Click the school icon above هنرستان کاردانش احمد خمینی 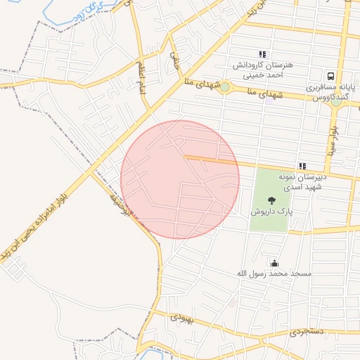pyautogui.click(x=262, y=54)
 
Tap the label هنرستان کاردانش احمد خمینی pyautogui.click(x=262, y=68)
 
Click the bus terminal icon pyautogui.click(x=330, y=76)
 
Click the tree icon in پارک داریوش pyautogui.click(x=271, y=199)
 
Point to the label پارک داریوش pyautogui.click(x=271, y=211)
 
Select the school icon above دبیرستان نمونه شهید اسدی pyautogui.click(x=302, y=167)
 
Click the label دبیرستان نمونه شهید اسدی pyautogui.click(x=302, y=182)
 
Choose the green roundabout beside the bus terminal pyautogui.click(x=336, y=102)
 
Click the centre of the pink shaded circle pyautogui.click(x=180, y=179)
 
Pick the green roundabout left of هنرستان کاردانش pyautogui.click(x=224, y=88)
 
